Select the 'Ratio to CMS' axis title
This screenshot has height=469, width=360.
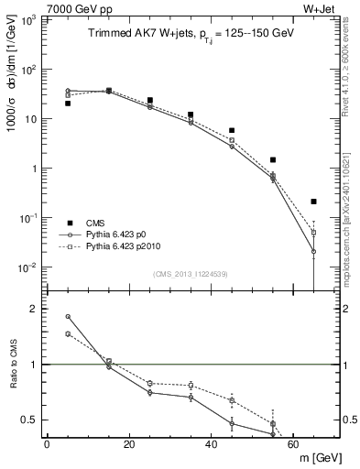pyautogui.click(x=14, y=364)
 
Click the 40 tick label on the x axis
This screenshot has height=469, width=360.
pyautogui.click(x=212, y=445)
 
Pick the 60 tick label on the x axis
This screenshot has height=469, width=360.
pyautogui.click(x=294, y=445)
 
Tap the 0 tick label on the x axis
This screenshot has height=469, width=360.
pyautogui.click(x=47, y=445)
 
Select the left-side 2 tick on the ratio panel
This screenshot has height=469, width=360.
pyautogui.click(x=31, y=309)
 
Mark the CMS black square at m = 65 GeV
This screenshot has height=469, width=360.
pyautogui.click(x=313, y=202)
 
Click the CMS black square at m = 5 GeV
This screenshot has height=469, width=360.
pyautogui.click(x=68, y=104)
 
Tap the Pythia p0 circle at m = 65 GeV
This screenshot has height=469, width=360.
pyautogui.click(x=313, y=251)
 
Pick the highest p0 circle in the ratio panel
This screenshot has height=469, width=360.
pyautogui.click(x=68, y=317)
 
